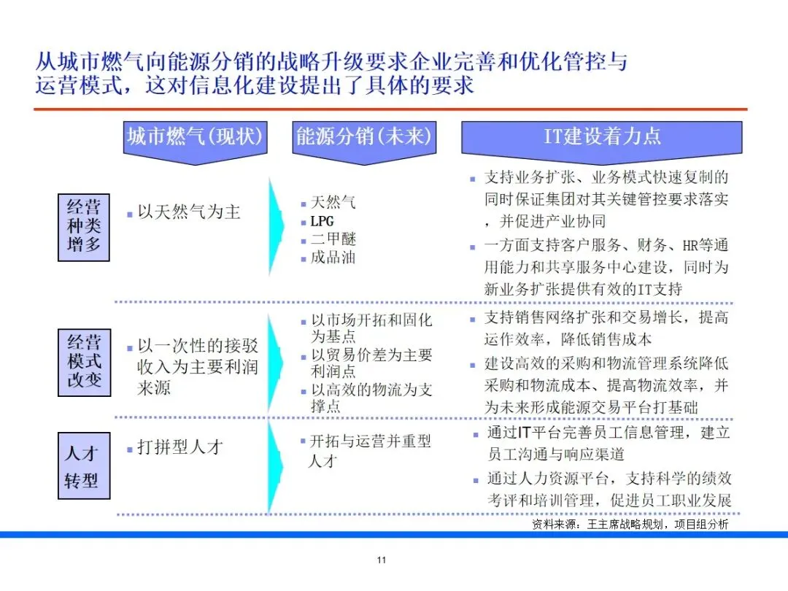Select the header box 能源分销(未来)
pos(363,136)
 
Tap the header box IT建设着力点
pos(601,136)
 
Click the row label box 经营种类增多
pos(84,226)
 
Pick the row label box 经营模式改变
pos(84,361)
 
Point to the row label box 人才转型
pos(84,466)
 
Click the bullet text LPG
pos(322,221)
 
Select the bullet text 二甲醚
pos(333,239)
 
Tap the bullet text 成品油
pos(333,258)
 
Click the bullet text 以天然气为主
pos(188,212)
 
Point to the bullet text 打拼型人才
pos(179,447)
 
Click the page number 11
pos(381,560)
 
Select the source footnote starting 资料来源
pos(629,524)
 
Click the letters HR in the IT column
pos(690,246)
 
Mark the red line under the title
pos(390,109)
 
